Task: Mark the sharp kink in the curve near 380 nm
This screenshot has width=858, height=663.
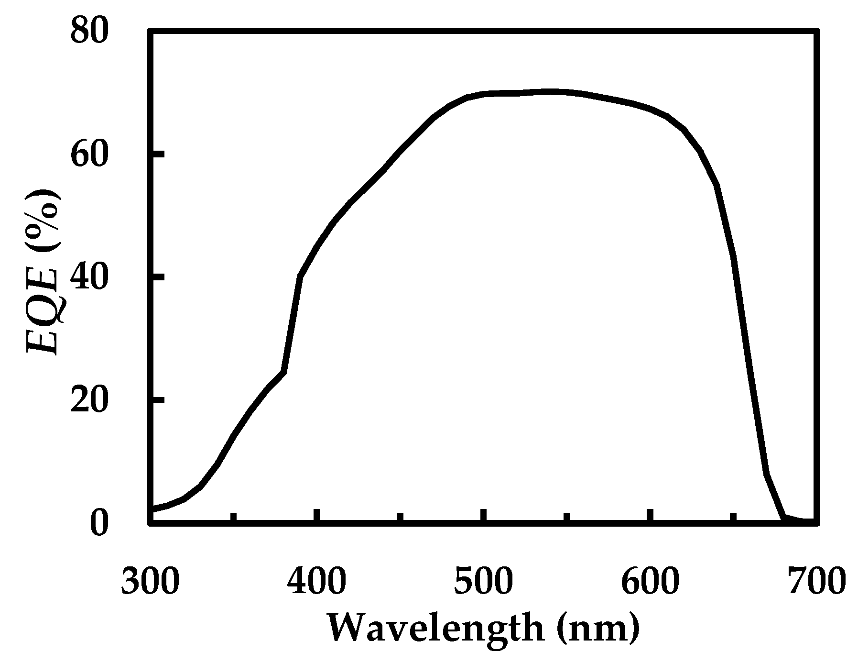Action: click(x=284, y=371)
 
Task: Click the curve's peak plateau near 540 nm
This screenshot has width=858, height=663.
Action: click(x=550, y=91)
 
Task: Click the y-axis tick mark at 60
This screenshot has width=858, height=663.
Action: click(x=158, y=154)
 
